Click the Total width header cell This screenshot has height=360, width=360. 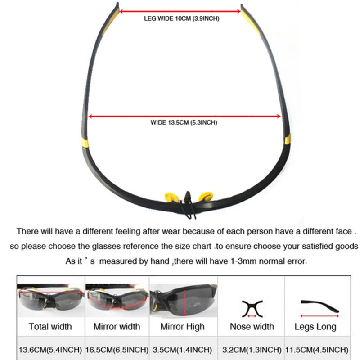coord(50,327)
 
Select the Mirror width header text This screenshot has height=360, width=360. coord(117,327)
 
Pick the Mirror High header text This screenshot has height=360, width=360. coord(182,327)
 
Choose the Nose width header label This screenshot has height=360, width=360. coord(252,327)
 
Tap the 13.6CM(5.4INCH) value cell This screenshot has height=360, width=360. coord(50,350)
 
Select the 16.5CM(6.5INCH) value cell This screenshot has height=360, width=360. coord(117,350)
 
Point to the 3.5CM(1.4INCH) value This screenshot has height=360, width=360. coord(182,350)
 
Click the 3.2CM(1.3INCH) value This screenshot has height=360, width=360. coord(252,350)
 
